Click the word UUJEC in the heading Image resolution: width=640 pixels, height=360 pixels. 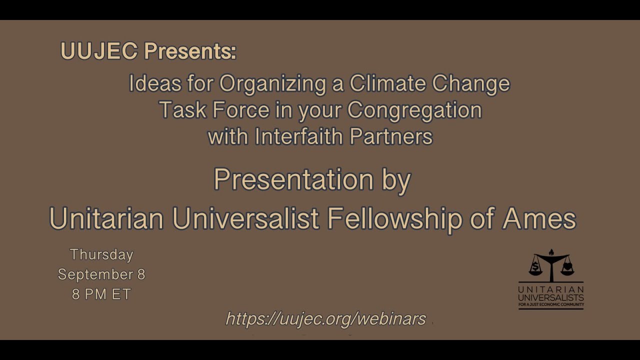98,51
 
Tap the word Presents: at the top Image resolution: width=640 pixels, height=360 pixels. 190,51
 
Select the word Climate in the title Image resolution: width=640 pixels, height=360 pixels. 387,83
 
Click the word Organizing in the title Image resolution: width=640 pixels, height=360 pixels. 272,83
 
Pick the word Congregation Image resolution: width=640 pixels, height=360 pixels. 414,110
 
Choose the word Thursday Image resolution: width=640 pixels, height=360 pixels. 101,254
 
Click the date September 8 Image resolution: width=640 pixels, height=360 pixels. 101,274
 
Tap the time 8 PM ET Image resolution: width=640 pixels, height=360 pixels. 101,294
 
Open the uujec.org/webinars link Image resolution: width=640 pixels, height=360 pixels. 326,318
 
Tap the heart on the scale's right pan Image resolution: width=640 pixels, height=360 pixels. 566,267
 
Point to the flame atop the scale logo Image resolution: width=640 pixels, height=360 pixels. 551,252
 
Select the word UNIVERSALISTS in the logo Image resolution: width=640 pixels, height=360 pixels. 551,297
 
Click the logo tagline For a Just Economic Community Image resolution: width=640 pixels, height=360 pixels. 551,304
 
